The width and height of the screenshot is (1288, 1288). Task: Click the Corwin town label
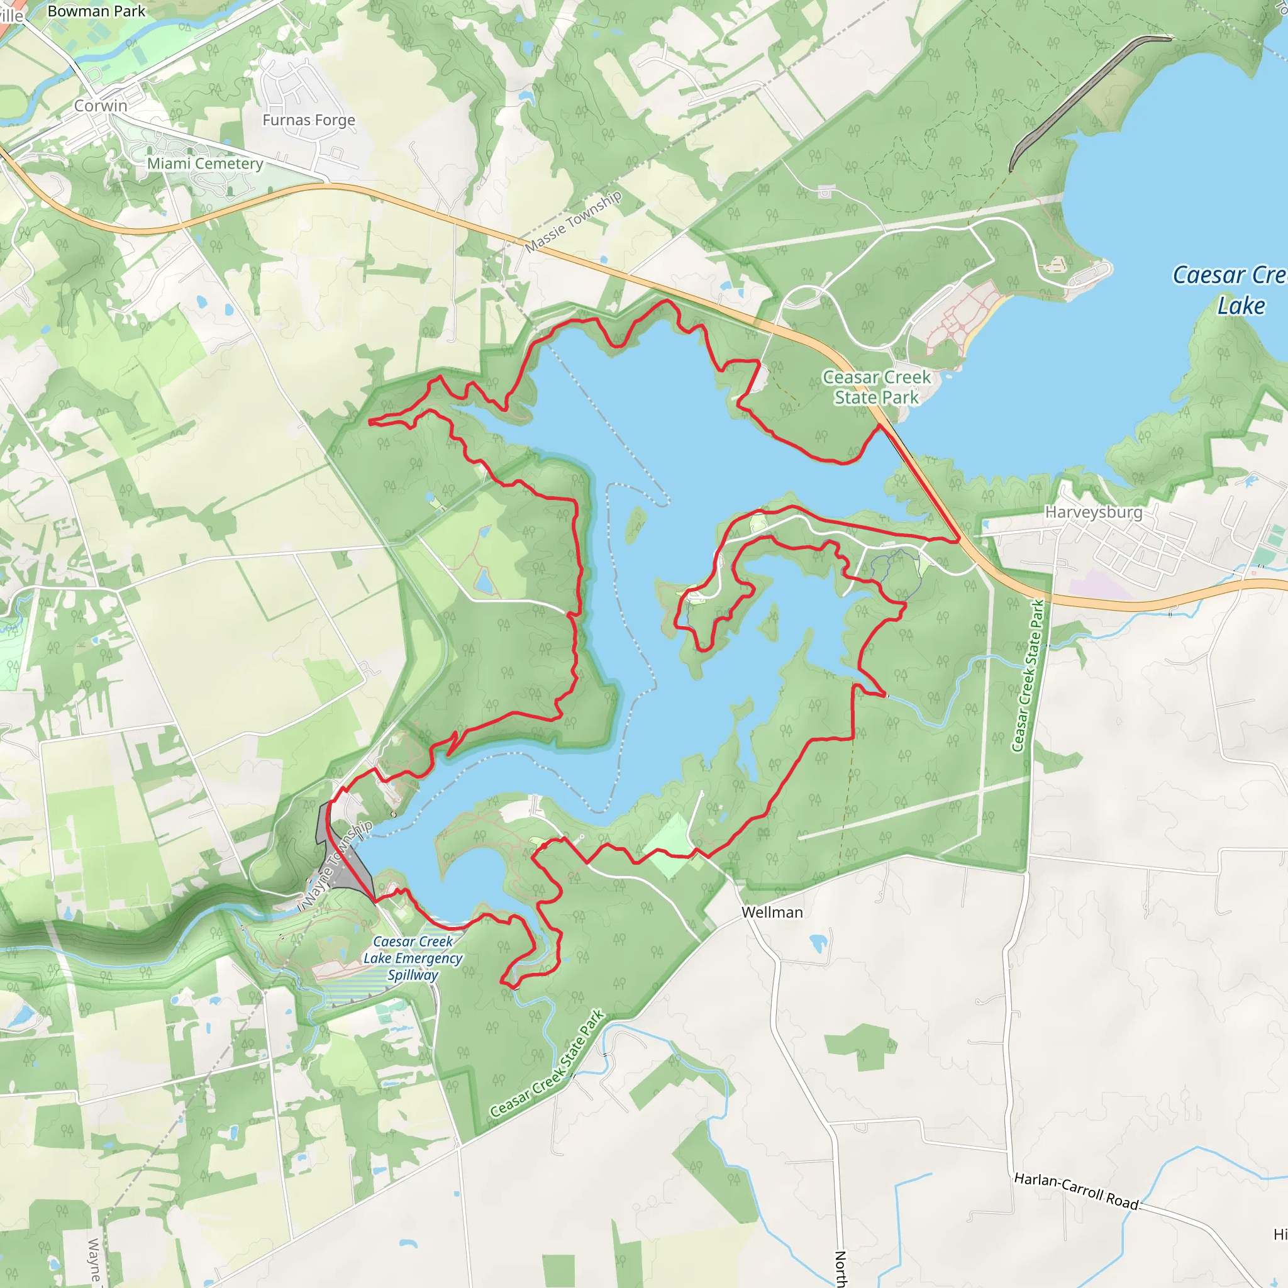click(101, 105)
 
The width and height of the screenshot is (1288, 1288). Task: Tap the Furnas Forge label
click(309, 120)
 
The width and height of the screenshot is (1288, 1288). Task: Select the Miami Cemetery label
click(204, 164)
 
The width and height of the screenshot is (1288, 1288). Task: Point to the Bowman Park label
click(96, 11)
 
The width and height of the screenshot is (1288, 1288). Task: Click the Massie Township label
click(574, 221)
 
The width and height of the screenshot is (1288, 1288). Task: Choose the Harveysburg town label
click(1093, 512)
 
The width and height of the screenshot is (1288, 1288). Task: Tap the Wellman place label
click(772, 912)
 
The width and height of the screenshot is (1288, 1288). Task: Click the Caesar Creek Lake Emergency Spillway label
click(413, 958)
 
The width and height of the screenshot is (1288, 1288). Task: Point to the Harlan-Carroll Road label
click(1076, 1190)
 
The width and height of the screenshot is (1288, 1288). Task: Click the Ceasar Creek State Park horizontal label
click(876, 387)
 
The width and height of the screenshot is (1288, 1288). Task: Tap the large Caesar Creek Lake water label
click(1230, 290)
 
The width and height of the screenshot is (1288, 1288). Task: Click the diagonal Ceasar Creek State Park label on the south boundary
click(547, 1064)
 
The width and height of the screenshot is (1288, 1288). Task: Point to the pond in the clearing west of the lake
click(484, 582)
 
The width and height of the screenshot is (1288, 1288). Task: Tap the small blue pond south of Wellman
click(818, 943)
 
